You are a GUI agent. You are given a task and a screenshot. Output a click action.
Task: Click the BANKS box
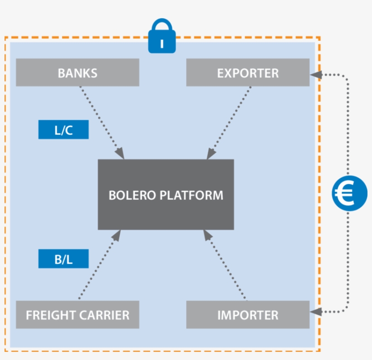coord(77,73)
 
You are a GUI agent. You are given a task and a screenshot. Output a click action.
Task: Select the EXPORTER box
coord(248,73)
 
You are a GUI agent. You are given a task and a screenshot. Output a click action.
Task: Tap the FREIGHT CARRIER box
coord(77,315)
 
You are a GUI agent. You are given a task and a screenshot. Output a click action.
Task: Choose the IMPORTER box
coord(248,315)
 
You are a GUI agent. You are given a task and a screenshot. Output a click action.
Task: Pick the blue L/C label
coord(63,130)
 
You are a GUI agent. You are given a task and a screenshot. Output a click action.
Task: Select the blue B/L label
coord(63,259)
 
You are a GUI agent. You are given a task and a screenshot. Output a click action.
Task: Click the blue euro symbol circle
coord(349,194)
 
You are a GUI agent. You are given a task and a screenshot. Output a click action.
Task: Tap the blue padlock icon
coord(162,36)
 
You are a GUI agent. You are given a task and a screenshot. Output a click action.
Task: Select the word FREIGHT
coord(50,315)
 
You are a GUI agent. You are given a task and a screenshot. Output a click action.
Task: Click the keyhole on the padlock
coord(162,44)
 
